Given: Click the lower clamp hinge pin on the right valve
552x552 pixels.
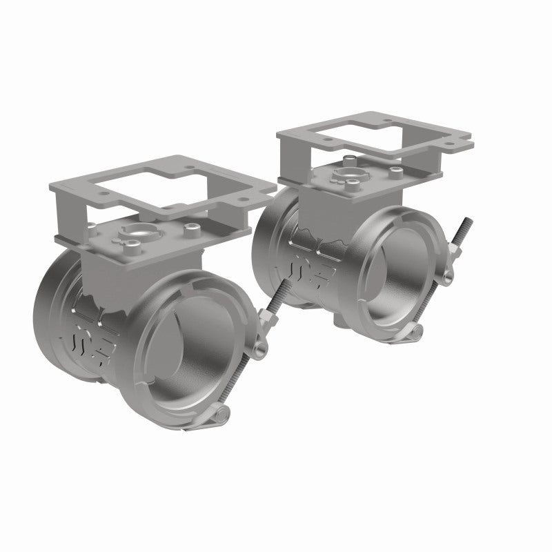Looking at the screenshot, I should pyautogui.click(x=415, y=333).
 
